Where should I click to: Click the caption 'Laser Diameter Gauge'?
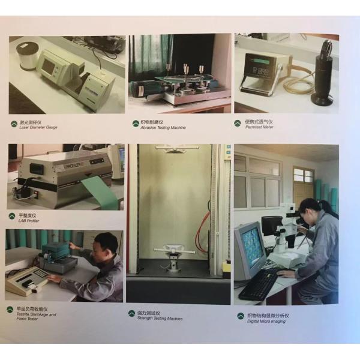click(x=38, y=128)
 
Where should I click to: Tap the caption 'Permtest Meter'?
click(x=259, y=127)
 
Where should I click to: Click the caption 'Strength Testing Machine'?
click(x=160, y=319)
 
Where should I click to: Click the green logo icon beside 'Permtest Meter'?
click(x=238, y=124)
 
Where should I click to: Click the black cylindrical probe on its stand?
click(x=324, y=72)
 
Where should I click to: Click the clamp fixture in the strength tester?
click(x=174, y=252)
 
